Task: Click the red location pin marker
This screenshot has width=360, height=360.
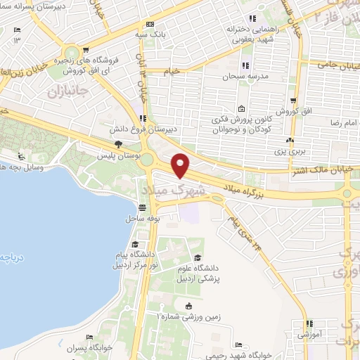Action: (181, 165)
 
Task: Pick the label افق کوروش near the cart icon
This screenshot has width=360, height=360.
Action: (288, 111)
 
